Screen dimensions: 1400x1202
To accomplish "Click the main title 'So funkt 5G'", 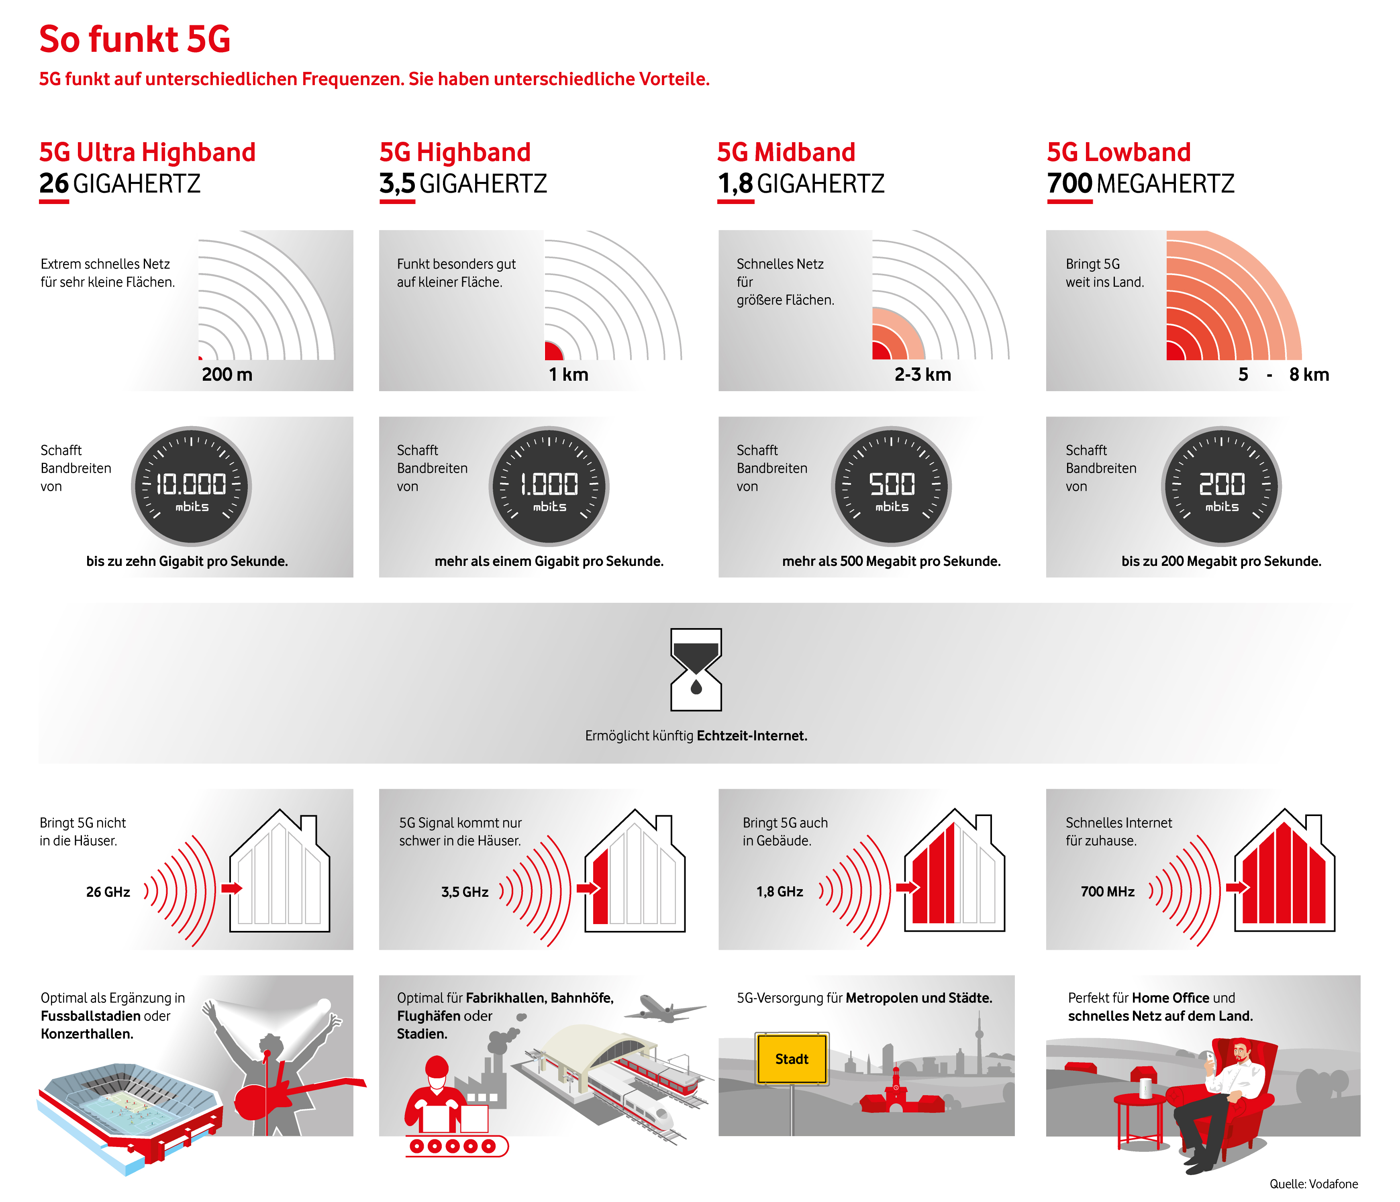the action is tap(135, 39).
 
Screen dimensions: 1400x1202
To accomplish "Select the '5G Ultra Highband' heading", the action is tap(147, 153).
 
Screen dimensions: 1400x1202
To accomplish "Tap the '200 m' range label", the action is tap(227, 374).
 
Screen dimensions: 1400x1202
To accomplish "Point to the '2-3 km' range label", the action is tap(922, 374).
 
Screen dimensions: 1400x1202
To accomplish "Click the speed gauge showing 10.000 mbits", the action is tap(191, 486).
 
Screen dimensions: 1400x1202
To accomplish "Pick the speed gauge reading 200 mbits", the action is tap(1222, 486).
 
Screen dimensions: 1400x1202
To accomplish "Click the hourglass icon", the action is tap(696, 669).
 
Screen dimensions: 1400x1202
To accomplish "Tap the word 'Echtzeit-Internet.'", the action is tap(752, 736).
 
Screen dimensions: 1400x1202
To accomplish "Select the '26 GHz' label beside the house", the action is tap(108, 892).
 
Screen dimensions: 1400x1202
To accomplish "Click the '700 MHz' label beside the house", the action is tap(1108, 892).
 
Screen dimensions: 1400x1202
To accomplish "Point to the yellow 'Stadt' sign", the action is tap(792, 1059).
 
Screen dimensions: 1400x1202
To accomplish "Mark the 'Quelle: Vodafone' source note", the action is tap(1314, 1184).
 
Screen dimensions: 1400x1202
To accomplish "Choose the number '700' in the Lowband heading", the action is tap(1069, 184).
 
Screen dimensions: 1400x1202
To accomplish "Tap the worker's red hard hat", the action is tap(437, 1067).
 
